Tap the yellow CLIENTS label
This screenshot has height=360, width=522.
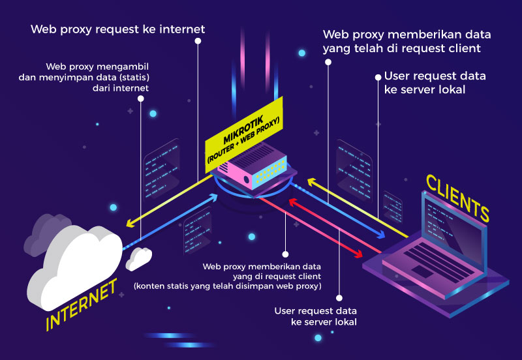pos(457,196)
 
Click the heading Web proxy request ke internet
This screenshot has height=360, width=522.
pos(118,29)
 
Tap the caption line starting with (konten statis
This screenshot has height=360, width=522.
pos(227,286)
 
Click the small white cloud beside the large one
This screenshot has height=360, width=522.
pos(138,258)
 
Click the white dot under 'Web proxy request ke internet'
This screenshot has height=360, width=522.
pos(198,40)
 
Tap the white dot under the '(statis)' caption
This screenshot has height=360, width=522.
pos(140,98)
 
